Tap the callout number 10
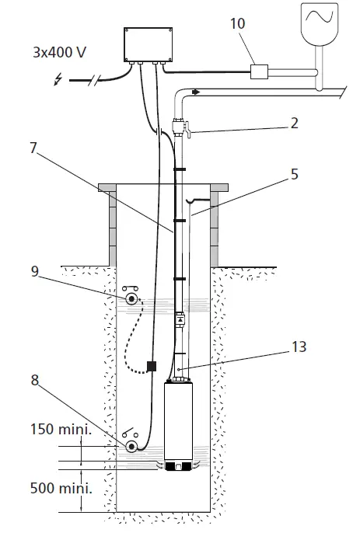[238, 24]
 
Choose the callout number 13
[299, 347]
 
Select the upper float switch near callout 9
[132, 298]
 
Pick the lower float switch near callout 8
[132, 446]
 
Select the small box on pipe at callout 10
[258, 72]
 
